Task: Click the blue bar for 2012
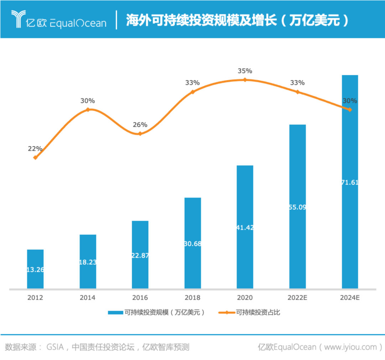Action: click(x=35, y=268)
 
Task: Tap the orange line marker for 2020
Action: click(x=245, y=80)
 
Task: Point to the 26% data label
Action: click(x=140, y=125)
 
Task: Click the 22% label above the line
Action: click(x=35, y=148)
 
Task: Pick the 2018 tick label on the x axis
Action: click(x=192, y=298)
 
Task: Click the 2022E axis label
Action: click(x=297, y=298)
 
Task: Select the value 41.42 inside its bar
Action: click(x=245, y=227)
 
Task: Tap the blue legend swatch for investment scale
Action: click(x=115, y=313)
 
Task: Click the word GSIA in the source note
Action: click(x=55, y=347)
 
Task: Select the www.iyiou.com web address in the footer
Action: click(x=351, y=347)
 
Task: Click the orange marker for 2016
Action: click(x=140, y=133)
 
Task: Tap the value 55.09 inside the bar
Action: click(x=297, y=207)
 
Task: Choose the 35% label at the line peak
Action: click(x=245, y=71)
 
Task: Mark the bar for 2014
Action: click(x=88, y=261)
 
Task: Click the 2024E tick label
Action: click(x=350, y=298)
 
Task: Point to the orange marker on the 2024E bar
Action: click(x=350, y=110)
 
